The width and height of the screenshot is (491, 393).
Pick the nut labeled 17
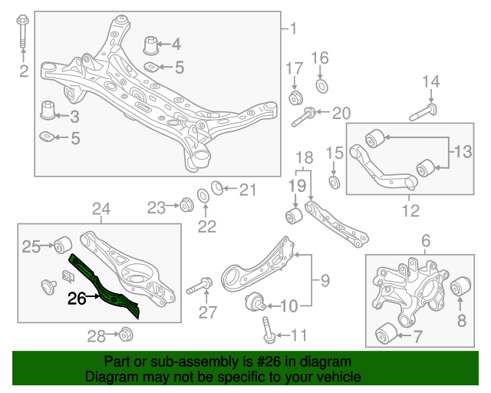(x=295, y=97)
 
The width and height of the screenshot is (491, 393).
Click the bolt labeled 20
(x=303, y=117)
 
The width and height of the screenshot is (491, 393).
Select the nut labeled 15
(x=334, y=182)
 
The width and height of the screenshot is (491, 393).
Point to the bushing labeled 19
(x=293, y=214)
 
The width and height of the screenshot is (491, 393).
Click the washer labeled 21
(x=217, y=187)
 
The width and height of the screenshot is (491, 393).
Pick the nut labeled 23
(x=184, y=205)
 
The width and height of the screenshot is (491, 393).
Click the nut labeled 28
(x=126, y=334)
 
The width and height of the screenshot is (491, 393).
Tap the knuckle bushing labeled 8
(x=459, y=288)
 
